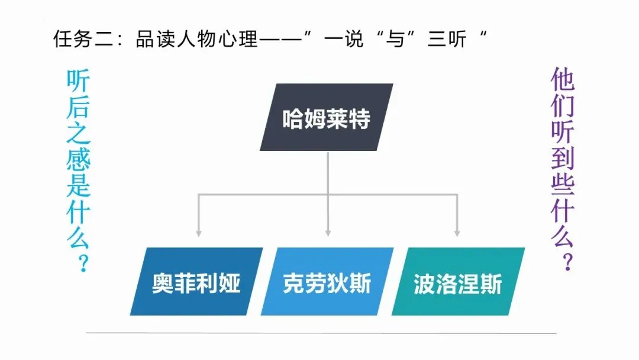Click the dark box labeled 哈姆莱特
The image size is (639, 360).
pos(326,117)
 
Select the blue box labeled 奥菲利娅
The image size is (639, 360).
pos(196,281)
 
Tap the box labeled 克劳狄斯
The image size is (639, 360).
pos(327,281)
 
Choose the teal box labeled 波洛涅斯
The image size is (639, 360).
pos(458,281)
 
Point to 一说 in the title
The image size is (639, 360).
pos(344,40)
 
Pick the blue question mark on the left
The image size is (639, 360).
pos(81,262)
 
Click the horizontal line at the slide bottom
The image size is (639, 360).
pos(319,333)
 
